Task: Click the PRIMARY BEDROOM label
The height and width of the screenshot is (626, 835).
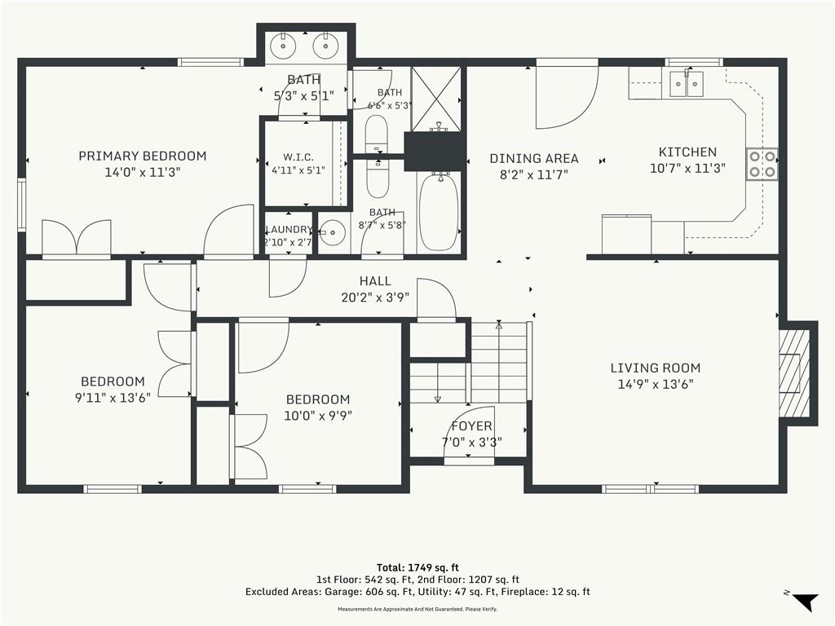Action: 142,156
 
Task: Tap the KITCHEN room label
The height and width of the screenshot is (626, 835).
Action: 687,152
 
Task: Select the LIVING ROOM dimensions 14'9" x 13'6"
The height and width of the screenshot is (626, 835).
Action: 655,385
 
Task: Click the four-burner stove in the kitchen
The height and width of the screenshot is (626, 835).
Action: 762,164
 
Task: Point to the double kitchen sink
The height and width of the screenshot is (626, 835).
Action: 687,84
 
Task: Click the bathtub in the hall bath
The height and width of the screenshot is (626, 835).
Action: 438,211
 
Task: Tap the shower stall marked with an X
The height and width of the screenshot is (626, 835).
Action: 435,99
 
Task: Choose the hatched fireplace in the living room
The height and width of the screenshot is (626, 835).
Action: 793,373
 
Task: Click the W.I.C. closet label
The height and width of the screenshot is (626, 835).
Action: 298,157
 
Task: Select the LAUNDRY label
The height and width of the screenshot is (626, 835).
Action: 289,229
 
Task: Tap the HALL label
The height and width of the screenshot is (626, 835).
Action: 375,281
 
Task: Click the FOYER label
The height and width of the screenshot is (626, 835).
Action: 472,425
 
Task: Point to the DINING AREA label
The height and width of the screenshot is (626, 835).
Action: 534,159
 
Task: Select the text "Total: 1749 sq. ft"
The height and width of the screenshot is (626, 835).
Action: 417,567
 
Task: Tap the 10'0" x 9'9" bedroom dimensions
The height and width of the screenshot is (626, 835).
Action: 318,416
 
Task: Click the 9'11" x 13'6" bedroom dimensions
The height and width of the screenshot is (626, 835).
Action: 113,398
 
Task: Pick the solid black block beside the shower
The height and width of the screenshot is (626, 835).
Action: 435,151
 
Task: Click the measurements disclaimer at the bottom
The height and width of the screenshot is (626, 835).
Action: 417,609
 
